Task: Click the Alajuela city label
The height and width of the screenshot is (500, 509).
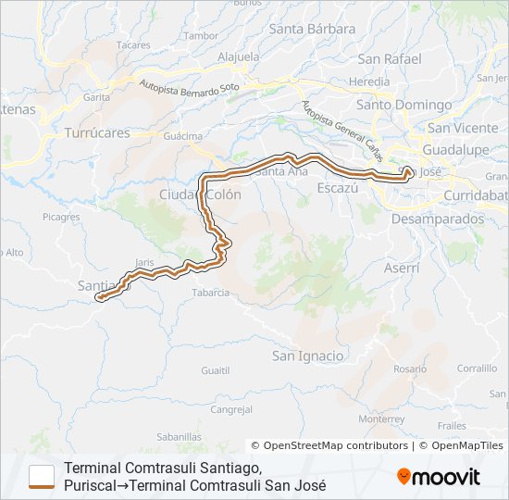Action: coord(238,56)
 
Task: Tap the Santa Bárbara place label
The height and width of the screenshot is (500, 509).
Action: coord(312,29)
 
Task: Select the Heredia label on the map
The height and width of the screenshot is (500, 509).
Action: coord(369,81)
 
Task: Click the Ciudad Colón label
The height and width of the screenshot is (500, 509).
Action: coord(200,194)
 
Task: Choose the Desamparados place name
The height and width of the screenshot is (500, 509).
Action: coord(437,219)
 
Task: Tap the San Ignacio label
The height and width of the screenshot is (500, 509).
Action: coord(307,356)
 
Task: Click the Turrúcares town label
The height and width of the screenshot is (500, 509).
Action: coord(97,132)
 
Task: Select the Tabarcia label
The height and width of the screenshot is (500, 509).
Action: coord(210,293)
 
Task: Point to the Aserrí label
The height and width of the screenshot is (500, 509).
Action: coord(401,267)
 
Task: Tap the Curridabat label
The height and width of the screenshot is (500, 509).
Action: coord(476,195)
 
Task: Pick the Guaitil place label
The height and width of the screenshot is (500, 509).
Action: coord(215,369)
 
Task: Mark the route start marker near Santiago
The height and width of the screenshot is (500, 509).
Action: coord(98,298)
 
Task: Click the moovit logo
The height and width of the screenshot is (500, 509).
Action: coord(439,477)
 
